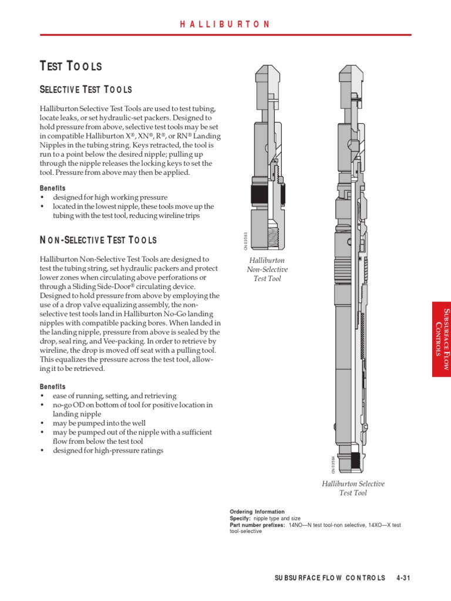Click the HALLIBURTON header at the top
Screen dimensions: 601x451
tap(225, 24)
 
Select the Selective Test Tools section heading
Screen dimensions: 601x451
tap(86, 90)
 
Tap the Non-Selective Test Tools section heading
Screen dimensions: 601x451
tap(98, 240)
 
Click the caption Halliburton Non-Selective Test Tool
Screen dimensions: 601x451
tap(267, 269)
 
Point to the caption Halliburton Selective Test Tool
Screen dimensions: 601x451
tap(353, 488)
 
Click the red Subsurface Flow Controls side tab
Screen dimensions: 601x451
tap(441, 339)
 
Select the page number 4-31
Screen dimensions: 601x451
tap(403, 578)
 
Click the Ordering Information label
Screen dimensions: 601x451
tap(257, 512)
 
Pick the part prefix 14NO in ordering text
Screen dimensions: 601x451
tap(297, 525)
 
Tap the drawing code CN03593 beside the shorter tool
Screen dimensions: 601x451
tap(247, 242)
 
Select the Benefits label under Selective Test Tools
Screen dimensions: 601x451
tap(53, 188)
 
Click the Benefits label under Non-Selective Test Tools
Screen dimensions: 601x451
tap(53, 387)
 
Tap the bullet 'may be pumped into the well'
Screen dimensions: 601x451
tap(99, 423)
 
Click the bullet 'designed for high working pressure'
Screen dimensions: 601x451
tap(110, 197)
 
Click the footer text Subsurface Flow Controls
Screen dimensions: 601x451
tap(330, 578)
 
